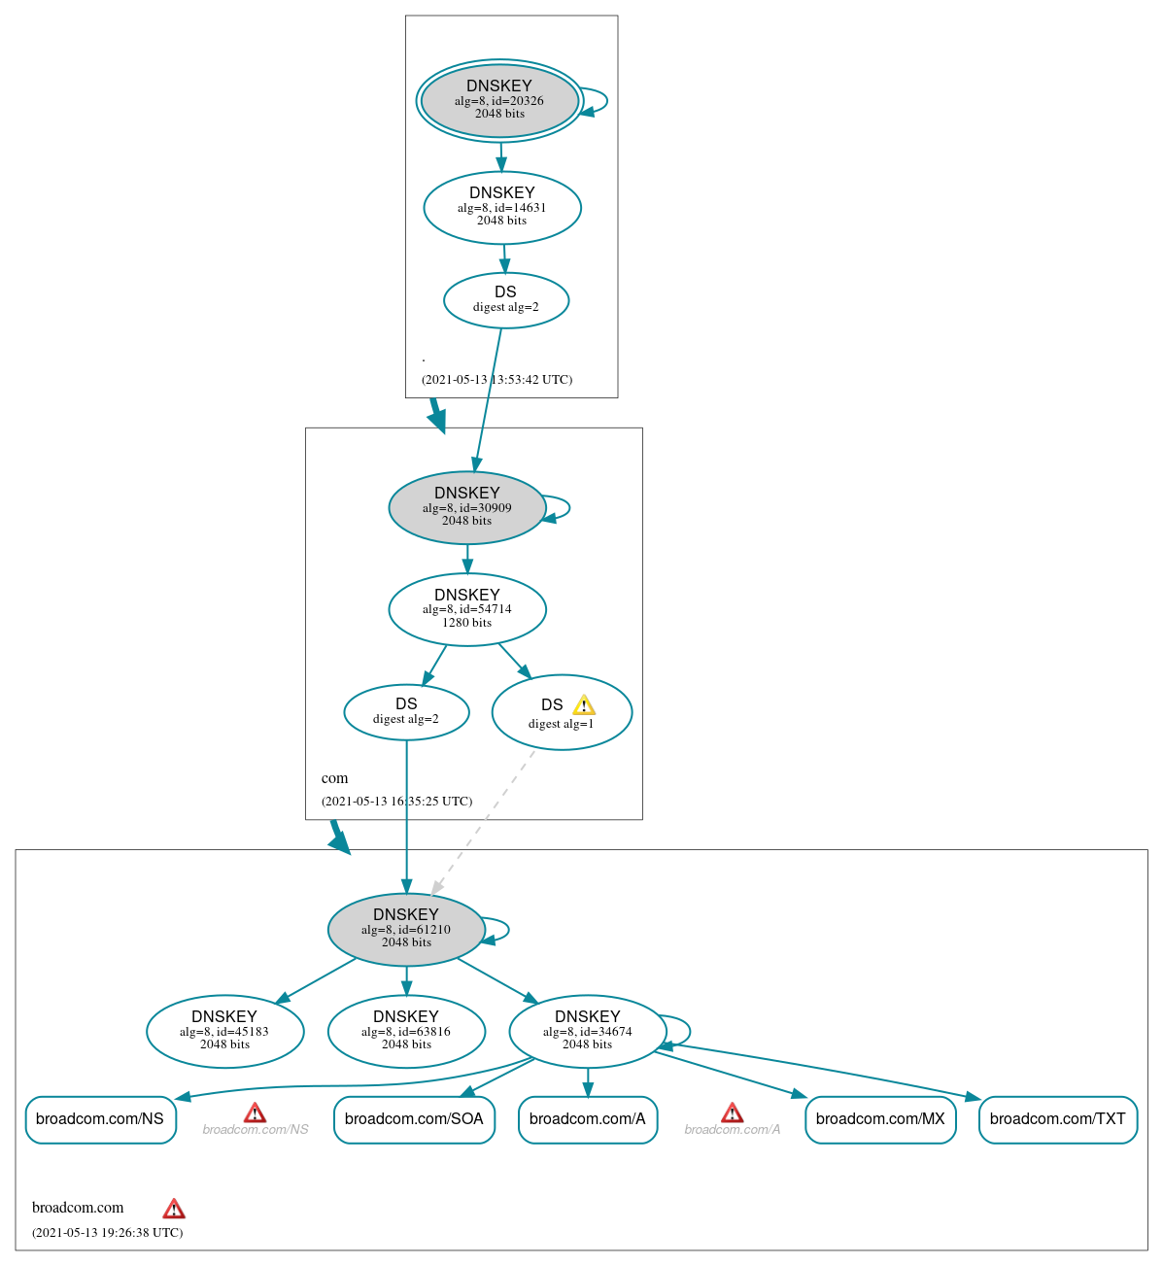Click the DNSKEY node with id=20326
tap(499, 100)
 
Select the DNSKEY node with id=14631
tap(502, 207)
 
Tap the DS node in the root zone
tap(505, 300)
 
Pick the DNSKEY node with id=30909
tap(467, 507)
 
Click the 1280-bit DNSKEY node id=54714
tap(467, 609)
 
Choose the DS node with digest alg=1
tap(562, 713)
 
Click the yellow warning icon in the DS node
tap(583, 704)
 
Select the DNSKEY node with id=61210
tap(406, 929)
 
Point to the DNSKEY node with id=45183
tap(224, 1031)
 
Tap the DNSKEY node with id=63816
tap(406, 1031)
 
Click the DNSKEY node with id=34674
tap(587, 1031)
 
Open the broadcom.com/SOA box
tap(414, 1119)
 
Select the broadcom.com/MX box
tap(880, 1119)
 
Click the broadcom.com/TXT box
tap(1057, 1119)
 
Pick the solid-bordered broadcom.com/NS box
tap(100, 1119)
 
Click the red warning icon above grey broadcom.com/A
tap(733, 1112)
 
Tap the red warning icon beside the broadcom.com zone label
tap(174, 1209)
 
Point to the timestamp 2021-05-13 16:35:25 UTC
tap(396, 802)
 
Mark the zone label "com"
tap(334, 778)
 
